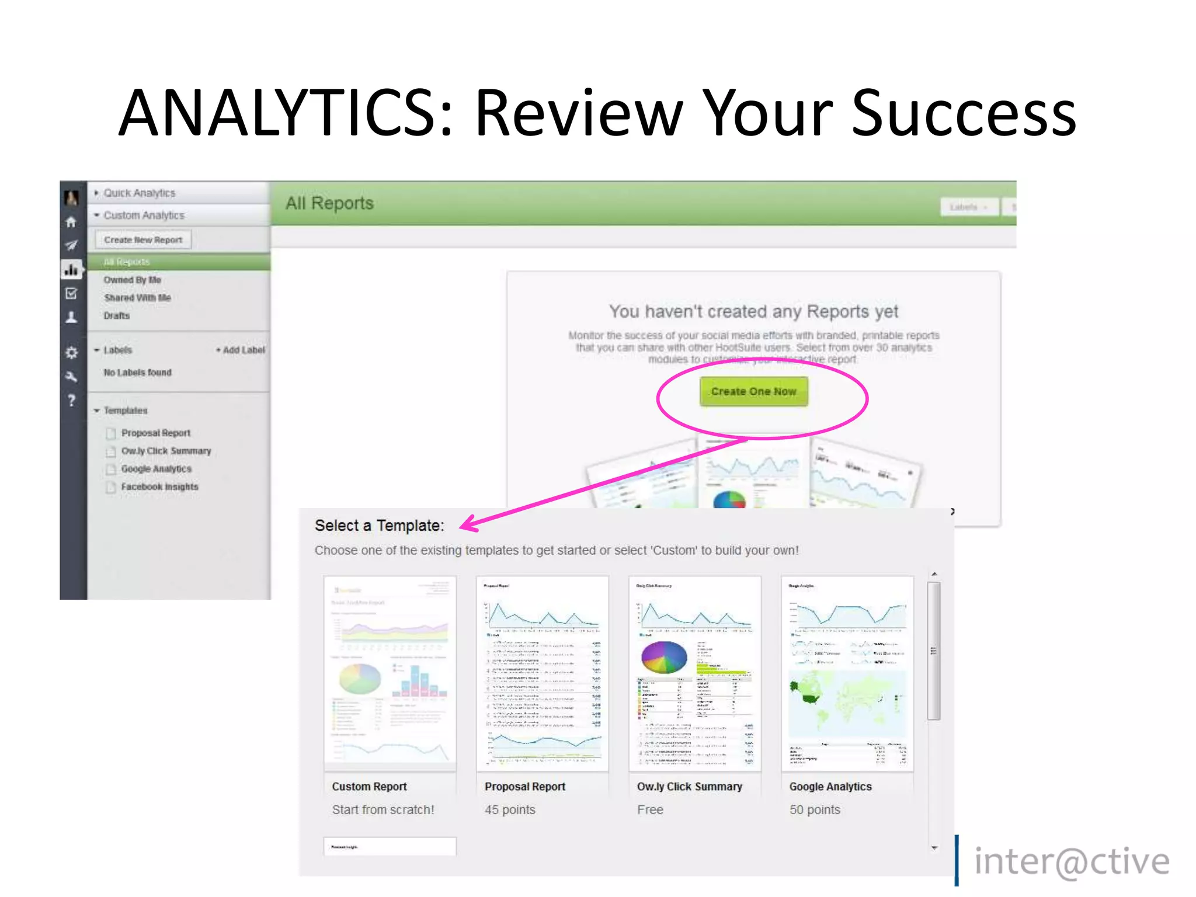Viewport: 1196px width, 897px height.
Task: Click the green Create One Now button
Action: [753, 391]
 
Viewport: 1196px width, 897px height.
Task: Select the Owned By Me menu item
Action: [132, 280]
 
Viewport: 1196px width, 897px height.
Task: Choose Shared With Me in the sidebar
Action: [137, 298]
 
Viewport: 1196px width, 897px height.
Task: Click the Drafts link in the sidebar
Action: [117, 315]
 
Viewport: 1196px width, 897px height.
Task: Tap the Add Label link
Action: [241, 350]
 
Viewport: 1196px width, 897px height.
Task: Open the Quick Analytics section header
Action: [139, 193]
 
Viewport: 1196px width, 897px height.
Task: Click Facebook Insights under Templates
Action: [159, 486]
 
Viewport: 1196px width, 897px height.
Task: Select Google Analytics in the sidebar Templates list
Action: [156, 469]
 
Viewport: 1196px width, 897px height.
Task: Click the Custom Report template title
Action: [369, 787]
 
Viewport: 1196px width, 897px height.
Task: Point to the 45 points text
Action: [510, 810]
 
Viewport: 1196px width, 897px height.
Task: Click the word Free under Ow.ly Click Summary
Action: [650, 810]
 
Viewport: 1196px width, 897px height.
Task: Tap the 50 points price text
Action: [815, 810]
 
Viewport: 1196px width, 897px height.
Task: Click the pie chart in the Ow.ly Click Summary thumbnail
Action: [664, 657]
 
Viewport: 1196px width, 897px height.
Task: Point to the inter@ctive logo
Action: [1071, 862]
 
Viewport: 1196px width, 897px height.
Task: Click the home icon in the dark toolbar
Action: [71, 222]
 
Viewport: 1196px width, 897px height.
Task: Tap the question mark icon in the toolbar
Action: [71, 401]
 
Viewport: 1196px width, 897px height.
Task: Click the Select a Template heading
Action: [379, 526]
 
